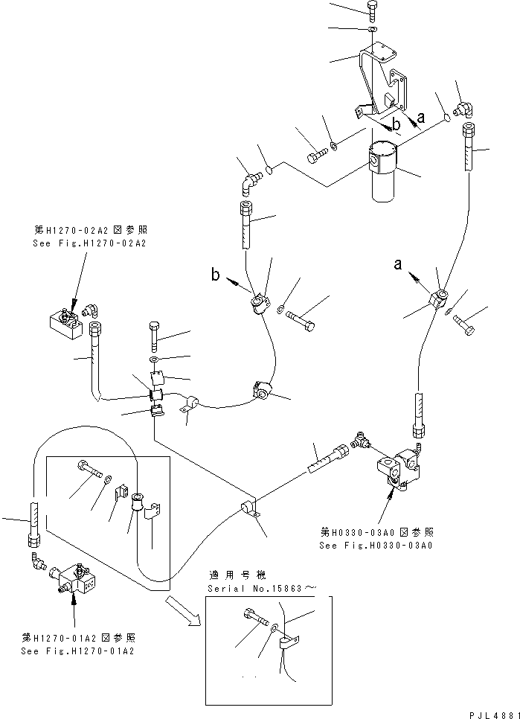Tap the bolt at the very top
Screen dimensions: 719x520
tap(372, 10)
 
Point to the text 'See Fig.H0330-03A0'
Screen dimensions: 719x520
tap(376, 545)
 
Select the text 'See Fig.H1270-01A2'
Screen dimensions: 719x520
tap(78, 650)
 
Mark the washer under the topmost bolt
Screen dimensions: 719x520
tap(371, 29)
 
